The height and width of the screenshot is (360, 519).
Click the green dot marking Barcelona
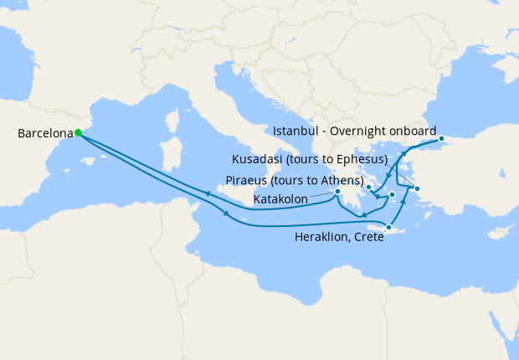click(x=78, y=132)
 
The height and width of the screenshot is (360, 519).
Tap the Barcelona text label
click(x=44, y=133)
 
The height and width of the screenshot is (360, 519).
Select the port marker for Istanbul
click(x=441, y=139)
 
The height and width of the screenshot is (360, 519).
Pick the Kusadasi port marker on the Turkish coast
click(x=417, y=188)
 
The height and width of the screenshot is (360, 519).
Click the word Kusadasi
click(x=259, y=159)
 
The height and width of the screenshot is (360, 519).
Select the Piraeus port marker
click(x=392, y=195)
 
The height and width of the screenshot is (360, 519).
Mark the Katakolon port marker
click(x=338, y=192)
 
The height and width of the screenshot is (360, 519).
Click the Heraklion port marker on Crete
click(x=389, y=227)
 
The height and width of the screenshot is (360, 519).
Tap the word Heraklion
click(x=321, y=238)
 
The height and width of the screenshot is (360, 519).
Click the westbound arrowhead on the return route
click(x=208, y=194)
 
